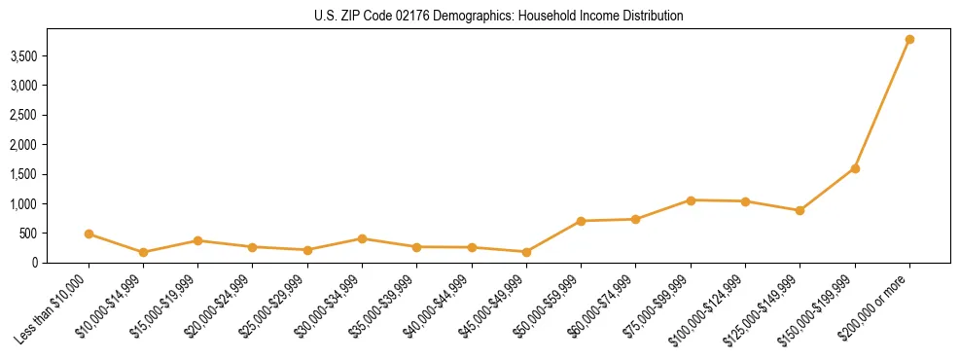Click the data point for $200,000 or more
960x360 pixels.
909,40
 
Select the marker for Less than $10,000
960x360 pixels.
89,234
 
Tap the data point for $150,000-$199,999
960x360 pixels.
855,168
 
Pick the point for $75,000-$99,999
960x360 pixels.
691,200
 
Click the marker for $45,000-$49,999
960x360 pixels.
526,252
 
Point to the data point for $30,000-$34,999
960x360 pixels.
362,238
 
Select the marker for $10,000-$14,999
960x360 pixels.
143,252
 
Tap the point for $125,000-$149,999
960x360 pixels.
800,210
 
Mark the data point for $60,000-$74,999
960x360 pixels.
635,219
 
